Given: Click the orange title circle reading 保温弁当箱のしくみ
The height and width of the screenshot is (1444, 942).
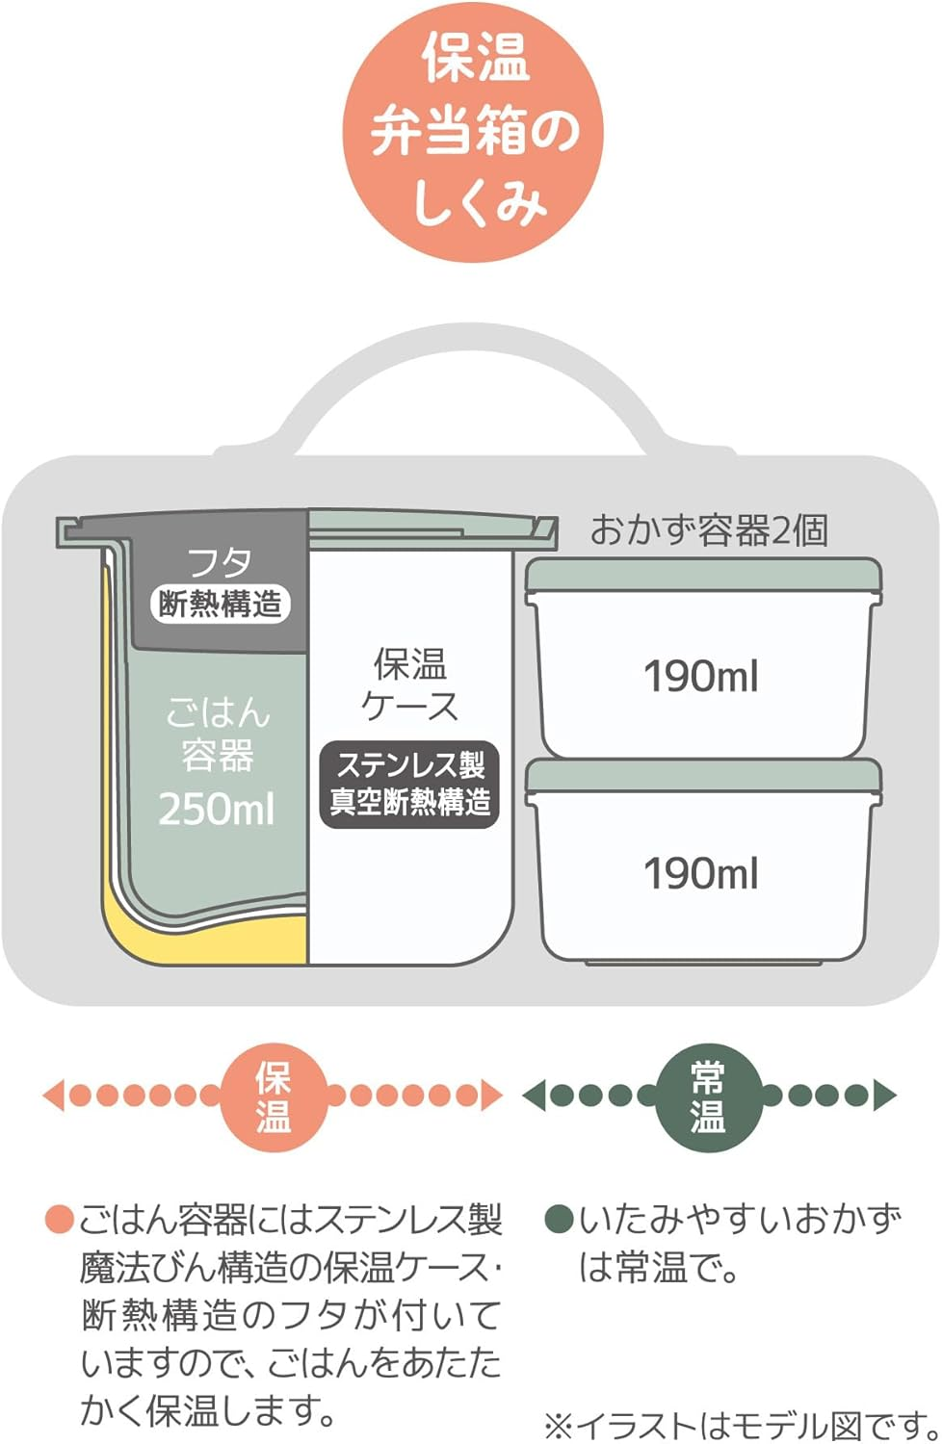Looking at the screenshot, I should click(x=473, y=133).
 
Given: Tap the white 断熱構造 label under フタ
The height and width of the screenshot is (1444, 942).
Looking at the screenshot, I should click(x=221, y=605).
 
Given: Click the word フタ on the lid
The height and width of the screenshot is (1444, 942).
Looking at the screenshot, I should click(x=220, y=562).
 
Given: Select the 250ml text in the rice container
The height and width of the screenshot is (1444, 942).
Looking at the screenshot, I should click(x=217, y=809).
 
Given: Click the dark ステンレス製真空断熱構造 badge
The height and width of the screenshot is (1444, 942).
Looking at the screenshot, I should click(x=410, y=784).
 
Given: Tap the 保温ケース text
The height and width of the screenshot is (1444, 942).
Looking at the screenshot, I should click(x=410, y=684).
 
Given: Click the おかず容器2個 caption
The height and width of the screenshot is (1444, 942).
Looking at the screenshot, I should click(x=709, y=530).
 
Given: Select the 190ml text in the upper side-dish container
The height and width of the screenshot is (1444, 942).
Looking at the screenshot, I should click(x=701, y=677).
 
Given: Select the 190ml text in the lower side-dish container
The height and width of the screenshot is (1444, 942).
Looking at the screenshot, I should click(x=701, y=874).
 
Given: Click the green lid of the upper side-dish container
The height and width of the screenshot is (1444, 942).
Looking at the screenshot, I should click(x=703, y=575).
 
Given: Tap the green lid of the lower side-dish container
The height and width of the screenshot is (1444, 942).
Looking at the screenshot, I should click(x=703, y=775).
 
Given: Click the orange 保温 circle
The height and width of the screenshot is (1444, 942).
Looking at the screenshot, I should click(x=275, y=1096).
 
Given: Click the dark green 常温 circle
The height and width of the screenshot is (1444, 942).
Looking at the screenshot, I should click(x=708, y=1096).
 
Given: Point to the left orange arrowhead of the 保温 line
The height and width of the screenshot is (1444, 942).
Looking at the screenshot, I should click(x=54, y=1096).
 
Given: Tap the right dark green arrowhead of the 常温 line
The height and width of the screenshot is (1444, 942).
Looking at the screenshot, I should click(x=884, y=1096).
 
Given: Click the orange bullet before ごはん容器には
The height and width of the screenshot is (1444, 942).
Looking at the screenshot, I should click(x=60, y=1221).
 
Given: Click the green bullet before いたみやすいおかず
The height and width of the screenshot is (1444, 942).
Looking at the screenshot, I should click(x=559, y=1221).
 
